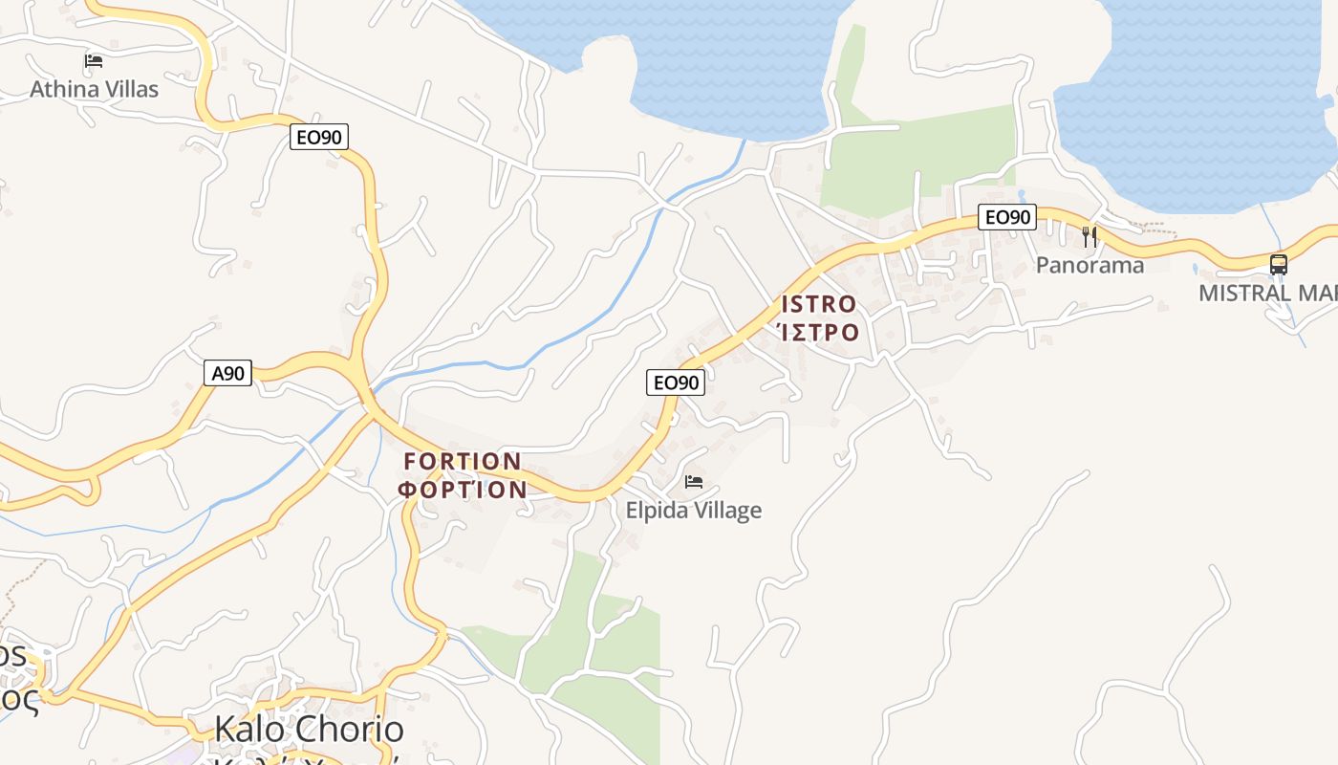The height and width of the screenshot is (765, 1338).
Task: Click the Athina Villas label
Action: [x=94, y=89]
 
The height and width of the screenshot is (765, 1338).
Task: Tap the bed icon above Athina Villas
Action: [x=94, y=61]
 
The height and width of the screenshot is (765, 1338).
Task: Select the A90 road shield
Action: [x=227, y=373]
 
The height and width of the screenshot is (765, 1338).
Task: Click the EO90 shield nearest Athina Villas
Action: [x=319, y=138]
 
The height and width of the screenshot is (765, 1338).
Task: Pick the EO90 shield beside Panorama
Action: [x=1007, y=217]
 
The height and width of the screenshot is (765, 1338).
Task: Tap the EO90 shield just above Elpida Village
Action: [x=676, y=382]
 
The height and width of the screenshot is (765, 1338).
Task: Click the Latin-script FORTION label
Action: [x=463, y=462]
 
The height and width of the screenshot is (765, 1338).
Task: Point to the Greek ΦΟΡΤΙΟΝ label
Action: [x=463, y=490]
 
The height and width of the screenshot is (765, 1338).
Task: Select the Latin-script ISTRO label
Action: [x=819, y=305]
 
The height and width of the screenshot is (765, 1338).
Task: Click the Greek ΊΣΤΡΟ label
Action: [x=819, y=333]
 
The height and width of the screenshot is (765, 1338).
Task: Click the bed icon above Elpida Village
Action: [x=694, y=481]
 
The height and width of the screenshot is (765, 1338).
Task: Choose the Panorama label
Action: [x=1090, y=265]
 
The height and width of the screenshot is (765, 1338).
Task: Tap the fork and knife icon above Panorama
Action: [x=1090, y=236]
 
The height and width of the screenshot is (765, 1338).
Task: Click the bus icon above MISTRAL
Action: [x=1279, y=264]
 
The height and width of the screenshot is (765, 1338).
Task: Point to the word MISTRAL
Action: [x=1245, y=293]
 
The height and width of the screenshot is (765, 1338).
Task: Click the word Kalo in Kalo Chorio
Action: [x=250, y=730]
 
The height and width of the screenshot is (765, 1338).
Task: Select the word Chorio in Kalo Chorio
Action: [x=349, y=730]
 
